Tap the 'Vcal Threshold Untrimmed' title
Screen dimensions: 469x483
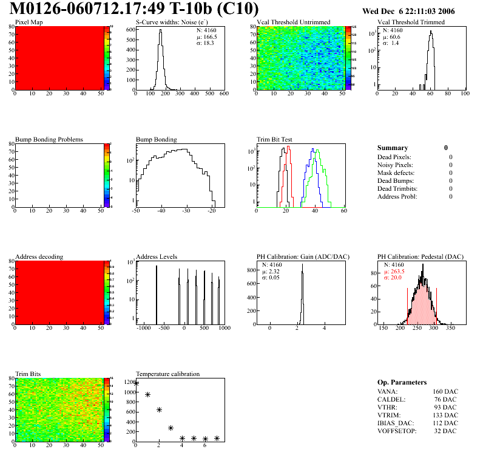(x=293, y=22)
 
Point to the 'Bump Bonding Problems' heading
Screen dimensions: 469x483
(x=49, y=140)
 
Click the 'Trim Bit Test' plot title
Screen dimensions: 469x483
(x=274, y=140)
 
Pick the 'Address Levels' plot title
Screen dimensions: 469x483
(x=157, y=257)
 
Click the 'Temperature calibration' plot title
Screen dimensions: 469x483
(x=167, y=374)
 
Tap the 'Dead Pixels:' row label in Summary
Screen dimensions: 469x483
(x=394, y=157)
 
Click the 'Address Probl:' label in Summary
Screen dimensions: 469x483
(x=397, y=197)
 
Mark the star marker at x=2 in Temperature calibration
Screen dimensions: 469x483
(x=159, y=410)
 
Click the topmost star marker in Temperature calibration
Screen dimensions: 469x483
(x=137, y=383)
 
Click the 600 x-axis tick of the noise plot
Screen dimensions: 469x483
(x=224, y=94)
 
